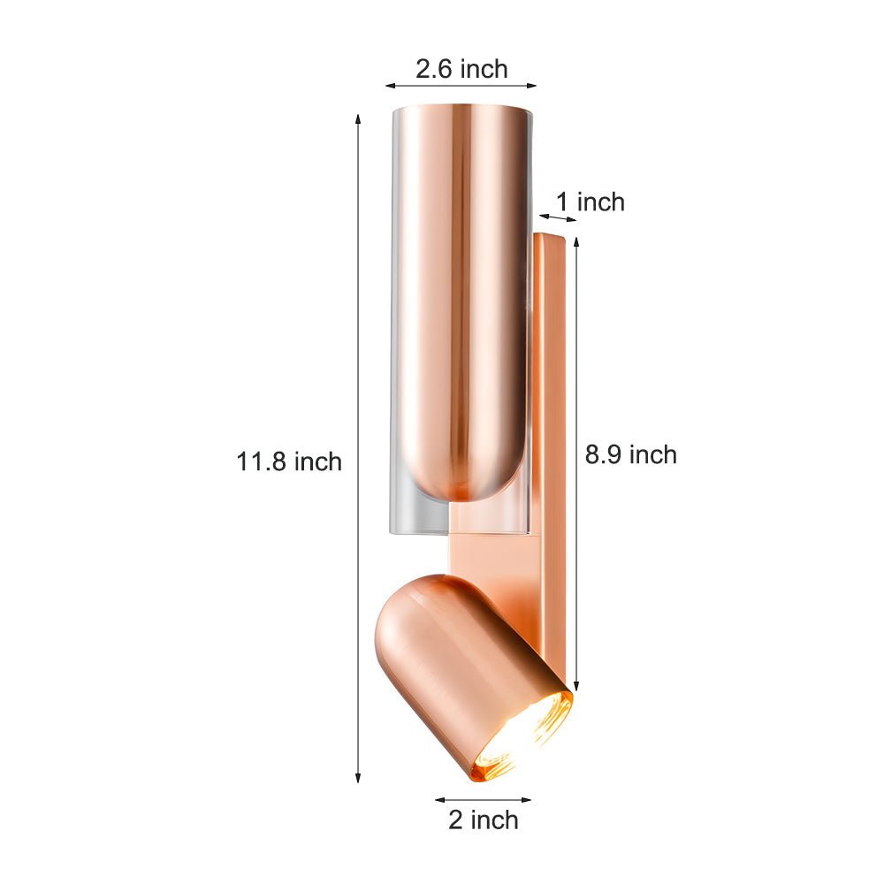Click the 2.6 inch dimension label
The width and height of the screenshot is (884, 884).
click(461, 69)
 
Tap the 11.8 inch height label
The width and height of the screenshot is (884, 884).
click(289, 461)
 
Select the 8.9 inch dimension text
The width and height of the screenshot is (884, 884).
click(630, 454)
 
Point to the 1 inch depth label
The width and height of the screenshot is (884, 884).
click(590, 202)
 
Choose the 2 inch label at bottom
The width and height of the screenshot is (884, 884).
click(483, 819)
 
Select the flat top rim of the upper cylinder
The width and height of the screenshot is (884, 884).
click(461, 110)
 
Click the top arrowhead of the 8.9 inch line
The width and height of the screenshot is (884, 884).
click(577, 241)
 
